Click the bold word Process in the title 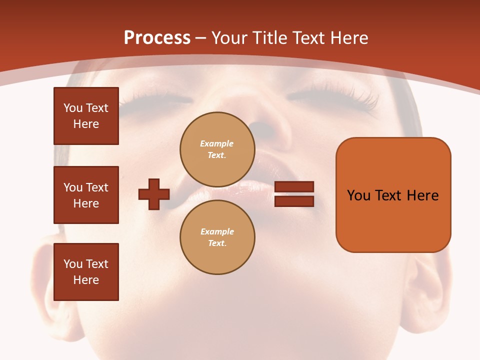(157, 38)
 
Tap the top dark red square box (86, 116)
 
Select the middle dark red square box (86, 195)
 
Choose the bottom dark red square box (86, 272)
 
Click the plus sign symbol (154, 194)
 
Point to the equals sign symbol (294, 194)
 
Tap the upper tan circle (217, 149)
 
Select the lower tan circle (217, 237)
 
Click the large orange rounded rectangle (393, 195)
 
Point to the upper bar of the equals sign (294, 187)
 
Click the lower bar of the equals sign (294, 201)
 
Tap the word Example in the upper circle (217, 143)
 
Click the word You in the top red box (72, 108)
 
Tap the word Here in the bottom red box (86, 280)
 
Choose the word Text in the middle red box (96, 187)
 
